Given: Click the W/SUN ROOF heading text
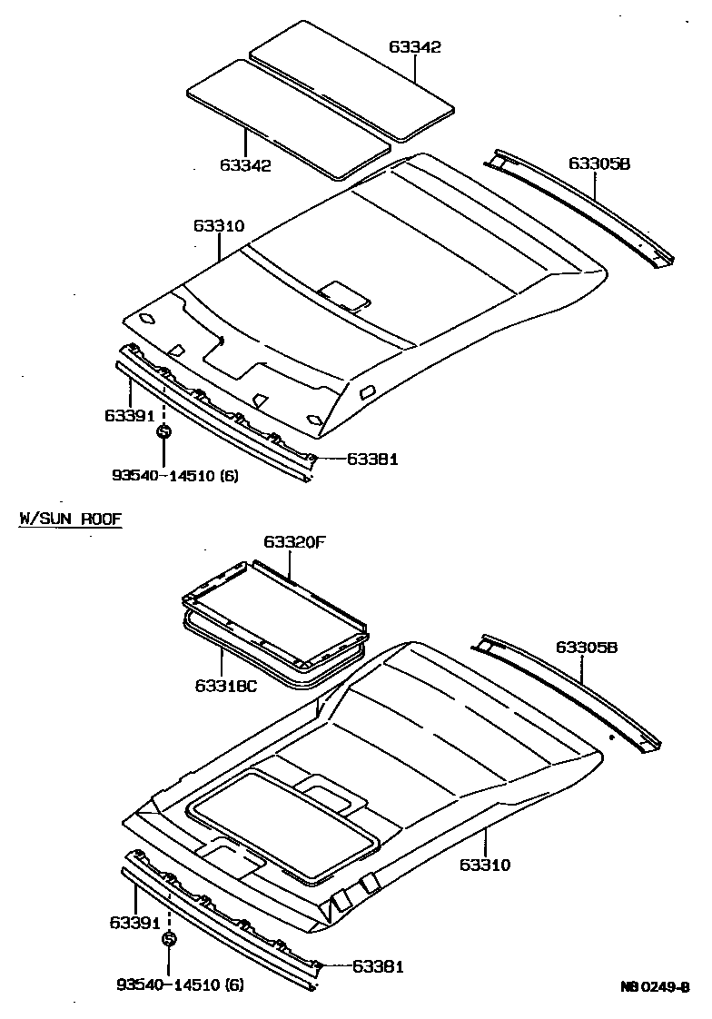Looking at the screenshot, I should pyautogui.click(x=70, y=519).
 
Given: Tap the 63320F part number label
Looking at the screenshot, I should pyautogui.click(x=294, y=542).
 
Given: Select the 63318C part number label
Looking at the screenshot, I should pyautogui.click(x=226, y=685).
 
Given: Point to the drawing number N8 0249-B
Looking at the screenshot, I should pyautogui.click(x=655, y=986).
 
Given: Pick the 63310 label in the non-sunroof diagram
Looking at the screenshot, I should pyautogui.click(x=218, y=225).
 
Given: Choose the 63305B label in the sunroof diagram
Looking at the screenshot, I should pyautogui.click(x=587, y=648).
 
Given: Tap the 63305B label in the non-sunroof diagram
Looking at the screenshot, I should pyautogui.click(x=599, y=163).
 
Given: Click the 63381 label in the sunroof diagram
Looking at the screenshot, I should pyautogui.click(x=378, y=967).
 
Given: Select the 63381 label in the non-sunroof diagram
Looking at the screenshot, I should pyautogui.click(x=372, y=460).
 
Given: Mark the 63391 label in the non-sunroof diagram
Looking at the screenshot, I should pyautogui.click(x=128, y=415).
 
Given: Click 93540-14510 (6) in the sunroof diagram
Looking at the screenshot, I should pyautogui.click(x=180, y=984).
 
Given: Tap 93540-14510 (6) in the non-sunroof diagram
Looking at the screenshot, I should pyautogui.click(x=175, y=475).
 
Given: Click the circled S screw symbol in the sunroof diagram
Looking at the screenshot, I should pyautogui.click(x=169, y=940).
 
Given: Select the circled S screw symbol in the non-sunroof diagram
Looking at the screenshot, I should pyautogui.click(x=163, y=431).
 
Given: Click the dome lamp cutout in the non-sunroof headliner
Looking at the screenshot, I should pyautogui.click(x=344, y=293).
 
